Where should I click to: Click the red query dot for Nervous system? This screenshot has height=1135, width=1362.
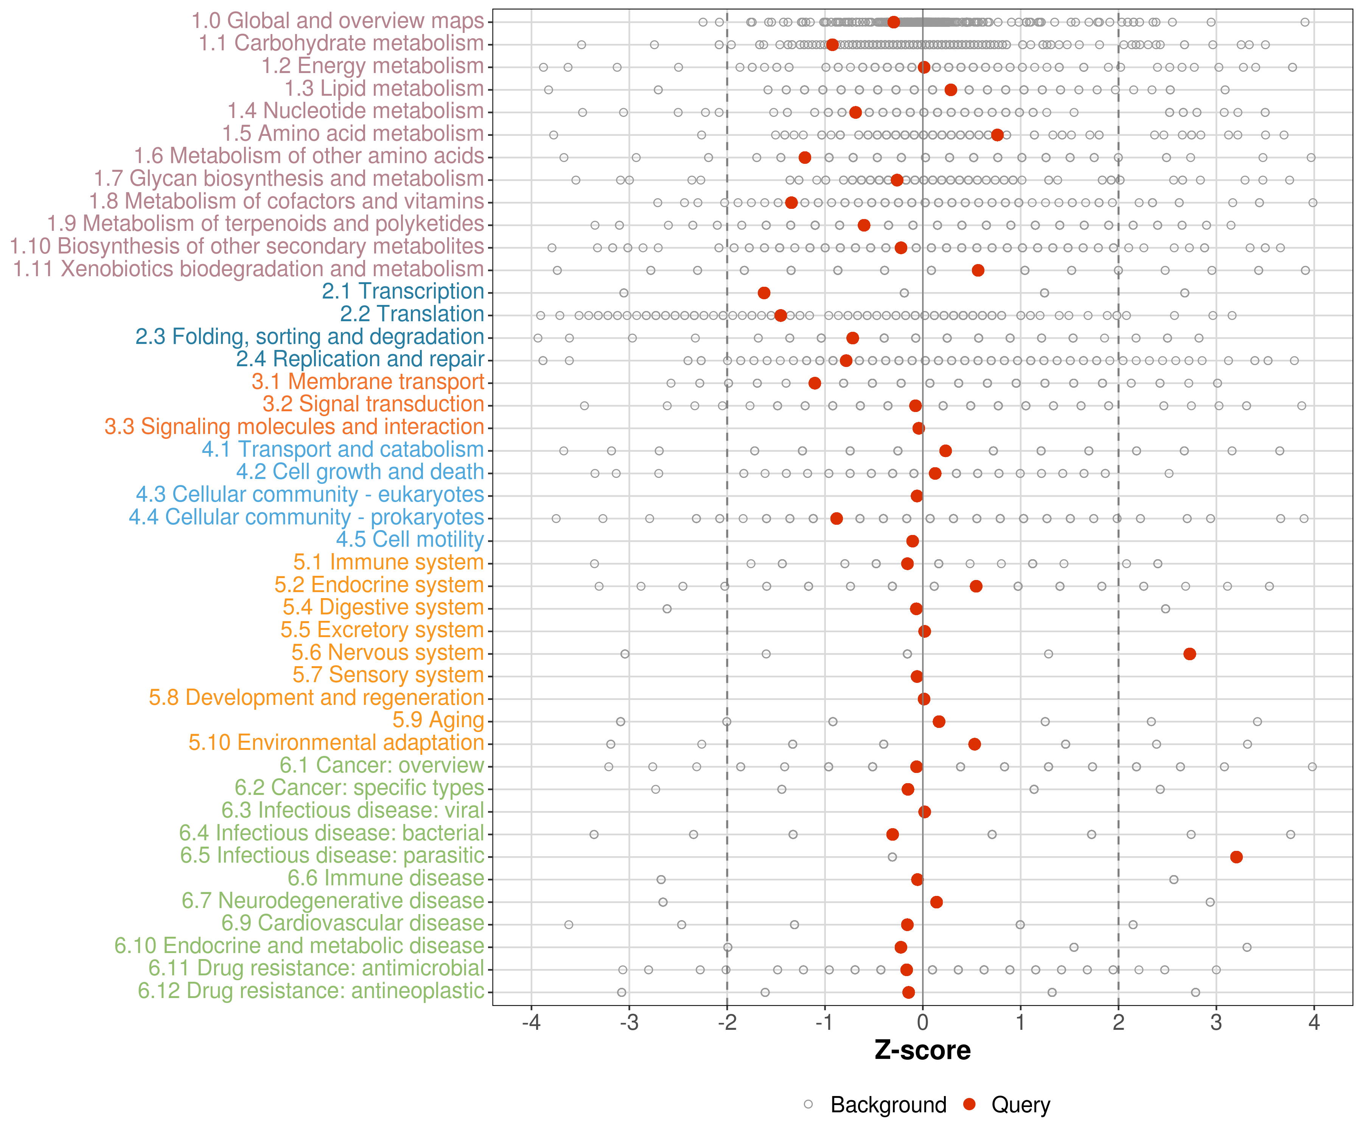pos(1189,654)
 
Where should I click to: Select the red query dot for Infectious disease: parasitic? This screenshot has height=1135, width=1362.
pos(1236,857)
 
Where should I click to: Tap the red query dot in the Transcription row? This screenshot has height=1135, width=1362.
pos(764,293)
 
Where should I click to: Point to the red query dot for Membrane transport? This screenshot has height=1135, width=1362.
pos(815,383)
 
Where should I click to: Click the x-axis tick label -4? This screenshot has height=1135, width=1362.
pos(531,1023)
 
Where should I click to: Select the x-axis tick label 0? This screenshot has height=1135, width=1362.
pos(922,1023)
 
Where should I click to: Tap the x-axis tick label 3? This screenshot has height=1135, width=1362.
pos(1216,1023)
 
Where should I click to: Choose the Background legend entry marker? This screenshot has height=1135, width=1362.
pos(808,1104)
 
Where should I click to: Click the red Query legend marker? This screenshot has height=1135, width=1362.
pos(970,1104)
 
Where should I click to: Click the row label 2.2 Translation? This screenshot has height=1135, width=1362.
pos(412,314)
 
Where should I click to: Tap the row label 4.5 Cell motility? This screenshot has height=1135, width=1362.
pos(410,540)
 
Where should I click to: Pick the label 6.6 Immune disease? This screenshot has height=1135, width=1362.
pos(386,879)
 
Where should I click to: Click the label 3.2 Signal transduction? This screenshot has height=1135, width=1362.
pos(373,405)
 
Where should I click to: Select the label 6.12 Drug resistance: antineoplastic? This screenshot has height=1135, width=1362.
pos(311,992)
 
